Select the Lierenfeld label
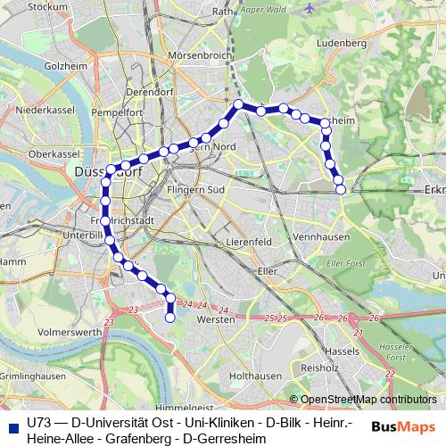coord(249,241)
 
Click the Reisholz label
coord(319,367)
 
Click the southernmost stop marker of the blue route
coord(170,317)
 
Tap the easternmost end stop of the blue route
coord(340,188)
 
